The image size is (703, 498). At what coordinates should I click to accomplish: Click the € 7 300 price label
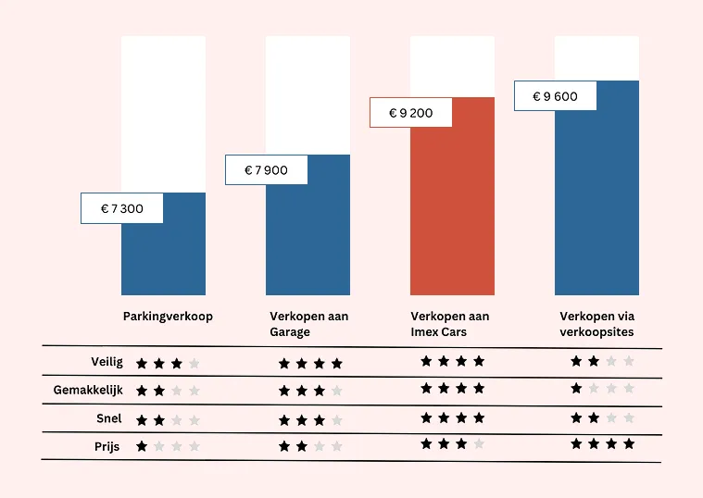tap(122, 208)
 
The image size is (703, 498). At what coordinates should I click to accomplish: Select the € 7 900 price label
tap(266, 170)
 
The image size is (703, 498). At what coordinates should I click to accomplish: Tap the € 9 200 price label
tap(410, 113)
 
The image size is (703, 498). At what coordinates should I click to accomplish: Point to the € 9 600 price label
tap(555, 96)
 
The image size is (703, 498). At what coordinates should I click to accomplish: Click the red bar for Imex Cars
tap(453, 213)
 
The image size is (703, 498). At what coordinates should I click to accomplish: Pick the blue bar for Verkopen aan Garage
tap(308, 241)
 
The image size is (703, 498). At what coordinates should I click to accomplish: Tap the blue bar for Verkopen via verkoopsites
tap(597, 204)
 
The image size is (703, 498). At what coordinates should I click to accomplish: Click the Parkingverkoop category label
tap(168, 317)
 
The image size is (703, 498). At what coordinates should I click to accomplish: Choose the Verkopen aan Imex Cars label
tap(450, 324)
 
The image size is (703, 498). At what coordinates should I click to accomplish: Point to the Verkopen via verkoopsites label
tap(597, 324)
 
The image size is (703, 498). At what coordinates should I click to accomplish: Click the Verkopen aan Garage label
tap(308, 324)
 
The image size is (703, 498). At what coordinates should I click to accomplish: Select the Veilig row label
tap(107, 363)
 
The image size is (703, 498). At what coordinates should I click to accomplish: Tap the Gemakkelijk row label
tap(88, 391)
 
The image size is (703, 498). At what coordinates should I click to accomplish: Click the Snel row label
tap(109, 418)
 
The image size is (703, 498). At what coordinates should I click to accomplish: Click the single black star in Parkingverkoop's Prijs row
tap(142, 446)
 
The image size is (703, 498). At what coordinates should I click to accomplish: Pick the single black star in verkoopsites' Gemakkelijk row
tap(576, 389)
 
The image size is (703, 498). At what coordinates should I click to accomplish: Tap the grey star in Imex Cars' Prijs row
tap(479, 444)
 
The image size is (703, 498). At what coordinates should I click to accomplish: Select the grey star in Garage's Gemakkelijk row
tap(337, 392)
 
